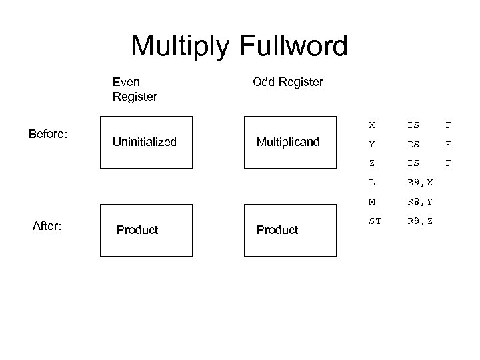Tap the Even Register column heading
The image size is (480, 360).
pyautogui.click(x=135, y=89)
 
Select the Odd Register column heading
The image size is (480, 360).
pyautogui.click(x=288, y=82)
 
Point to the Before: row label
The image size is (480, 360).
pyautogui.click(x=48, y=134)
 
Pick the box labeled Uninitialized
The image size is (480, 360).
pyautogui.click(x=146, y=142)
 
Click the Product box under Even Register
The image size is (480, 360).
pyautogui.click(x=146, y=230)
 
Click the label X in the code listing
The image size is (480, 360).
pyautogui.click(x=372, y=124)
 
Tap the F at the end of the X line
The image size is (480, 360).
pyautogui.click(x=448, y=124)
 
